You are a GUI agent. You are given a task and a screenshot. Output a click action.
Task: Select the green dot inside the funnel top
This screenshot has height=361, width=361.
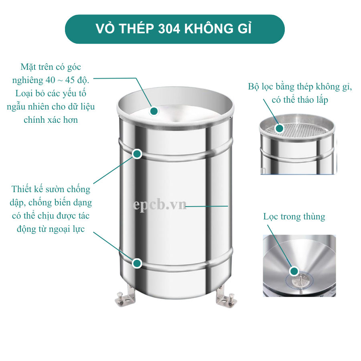click(154, 111)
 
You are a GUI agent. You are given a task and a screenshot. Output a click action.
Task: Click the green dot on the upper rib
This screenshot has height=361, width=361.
click(137, 154)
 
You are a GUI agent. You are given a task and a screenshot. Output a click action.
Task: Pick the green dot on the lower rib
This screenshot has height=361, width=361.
click(137, 263)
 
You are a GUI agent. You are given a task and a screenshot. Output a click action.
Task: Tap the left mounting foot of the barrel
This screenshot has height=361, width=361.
click(124, 296)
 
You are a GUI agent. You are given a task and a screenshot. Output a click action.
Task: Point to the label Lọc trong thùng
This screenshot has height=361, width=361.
click(294, 217)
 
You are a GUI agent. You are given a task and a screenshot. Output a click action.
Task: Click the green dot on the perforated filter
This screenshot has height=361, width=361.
click(279, 128)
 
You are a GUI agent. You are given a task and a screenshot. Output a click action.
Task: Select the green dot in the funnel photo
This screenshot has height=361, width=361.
click(294, 271)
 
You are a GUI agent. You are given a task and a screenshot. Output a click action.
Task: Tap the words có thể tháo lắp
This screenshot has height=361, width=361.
click(300, 100)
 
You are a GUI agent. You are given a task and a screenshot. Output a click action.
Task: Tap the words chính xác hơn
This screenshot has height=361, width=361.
click(51, 120)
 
